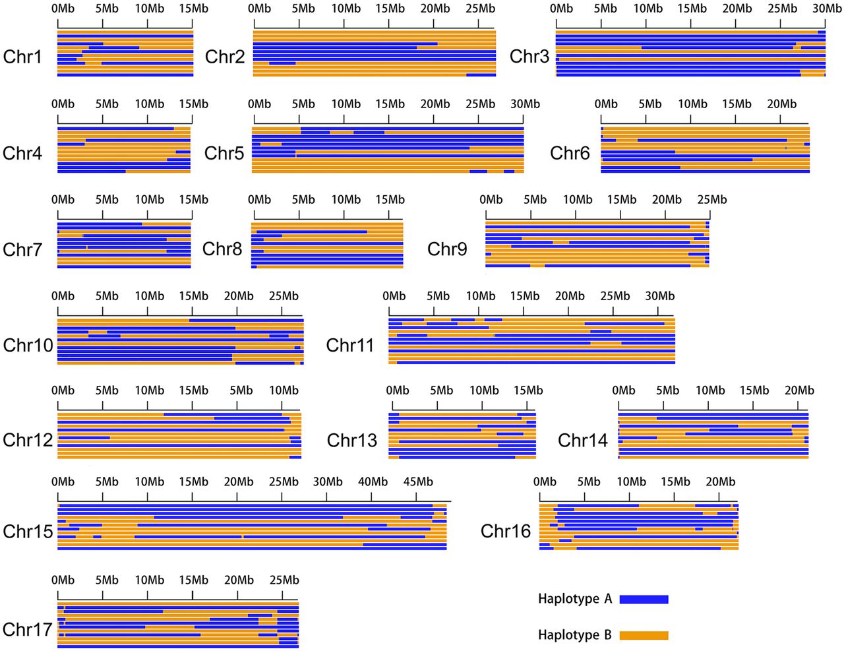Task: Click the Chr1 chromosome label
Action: point(22,57)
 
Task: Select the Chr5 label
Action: point(224,153)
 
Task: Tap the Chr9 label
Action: point(447,249)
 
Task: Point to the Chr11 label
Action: point(350,345)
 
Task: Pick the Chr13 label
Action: point(352,440)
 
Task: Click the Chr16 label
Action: point(506,531)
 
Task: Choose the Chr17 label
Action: point(28,629)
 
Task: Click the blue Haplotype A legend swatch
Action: point(644,599)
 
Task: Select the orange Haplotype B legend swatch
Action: point(644,635)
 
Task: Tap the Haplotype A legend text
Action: point(575,599)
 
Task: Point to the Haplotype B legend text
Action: point(575,635)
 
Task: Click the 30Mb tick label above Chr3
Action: point(827,9)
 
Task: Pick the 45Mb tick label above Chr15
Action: point(418,481)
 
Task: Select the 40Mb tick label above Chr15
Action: point(373,481)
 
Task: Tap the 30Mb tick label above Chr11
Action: point(659,296)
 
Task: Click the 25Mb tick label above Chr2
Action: point(480,9)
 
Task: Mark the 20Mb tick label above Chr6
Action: point(781,104)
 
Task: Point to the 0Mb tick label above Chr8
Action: point(259,200)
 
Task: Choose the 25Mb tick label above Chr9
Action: point(712,200)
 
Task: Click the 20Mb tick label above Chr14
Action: point(799,390)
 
